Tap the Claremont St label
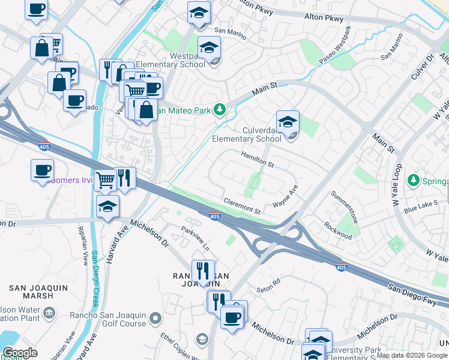click(x=242, y=206)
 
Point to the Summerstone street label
click(x=345, y=207)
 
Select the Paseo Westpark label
click(x=335, y=46)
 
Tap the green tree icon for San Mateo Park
click(x=220, y=109)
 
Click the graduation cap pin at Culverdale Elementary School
click(x=288, y=121)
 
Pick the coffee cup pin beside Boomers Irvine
click(x=42, y=170)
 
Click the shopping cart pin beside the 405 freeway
click(x=105, y=179)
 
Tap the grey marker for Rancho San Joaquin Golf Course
click(x=156, y=317)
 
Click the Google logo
click(x=20, y=352)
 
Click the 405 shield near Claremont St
click(x=214, y=216)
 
